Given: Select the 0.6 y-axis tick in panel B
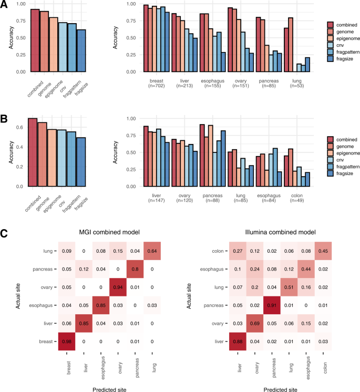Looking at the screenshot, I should coord(19,128).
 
